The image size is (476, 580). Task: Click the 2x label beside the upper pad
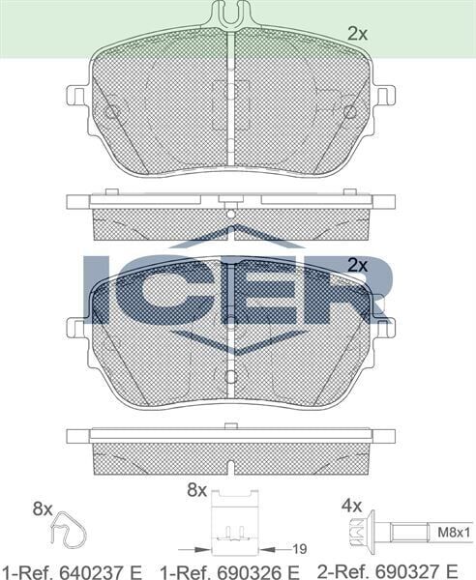coord(358,33)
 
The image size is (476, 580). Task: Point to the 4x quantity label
coord(351,506)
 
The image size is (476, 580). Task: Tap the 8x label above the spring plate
coord(197,491)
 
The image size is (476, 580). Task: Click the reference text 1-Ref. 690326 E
coord(228,570)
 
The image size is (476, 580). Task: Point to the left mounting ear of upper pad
coord(76,98)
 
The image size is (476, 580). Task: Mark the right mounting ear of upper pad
coord(385,97)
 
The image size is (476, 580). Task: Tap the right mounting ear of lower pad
coord(385,330)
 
